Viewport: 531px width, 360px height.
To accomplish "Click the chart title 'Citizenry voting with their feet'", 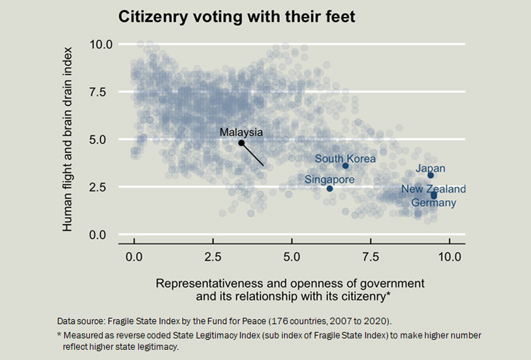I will [236, 17].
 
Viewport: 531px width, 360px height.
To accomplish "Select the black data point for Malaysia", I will [241, 143].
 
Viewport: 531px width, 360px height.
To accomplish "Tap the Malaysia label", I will [241, 132].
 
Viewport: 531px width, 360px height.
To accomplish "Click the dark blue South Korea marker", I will [346, 166].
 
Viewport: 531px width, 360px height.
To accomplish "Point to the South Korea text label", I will [345, 159].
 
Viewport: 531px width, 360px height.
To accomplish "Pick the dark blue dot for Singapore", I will [330, 189].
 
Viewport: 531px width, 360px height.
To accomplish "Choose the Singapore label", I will [329, 180].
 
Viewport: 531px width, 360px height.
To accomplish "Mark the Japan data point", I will [430, 176].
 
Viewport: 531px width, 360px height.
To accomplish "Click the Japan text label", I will [430, 169].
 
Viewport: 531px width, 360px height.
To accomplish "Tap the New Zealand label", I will [434, 189].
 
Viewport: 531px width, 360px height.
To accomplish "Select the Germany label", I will [434, 203].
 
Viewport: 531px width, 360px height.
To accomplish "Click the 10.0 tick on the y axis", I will [101, 44].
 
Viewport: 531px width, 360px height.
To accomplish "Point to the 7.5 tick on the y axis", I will [102, 92].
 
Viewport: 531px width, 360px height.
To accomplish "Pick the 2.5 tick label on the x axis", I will [213, 258].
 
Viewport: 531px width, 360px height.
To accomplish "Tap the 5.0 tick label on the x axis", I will [291, 258].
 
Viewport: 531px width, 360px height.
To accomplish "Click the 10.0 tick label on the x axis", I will [449, 258].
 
